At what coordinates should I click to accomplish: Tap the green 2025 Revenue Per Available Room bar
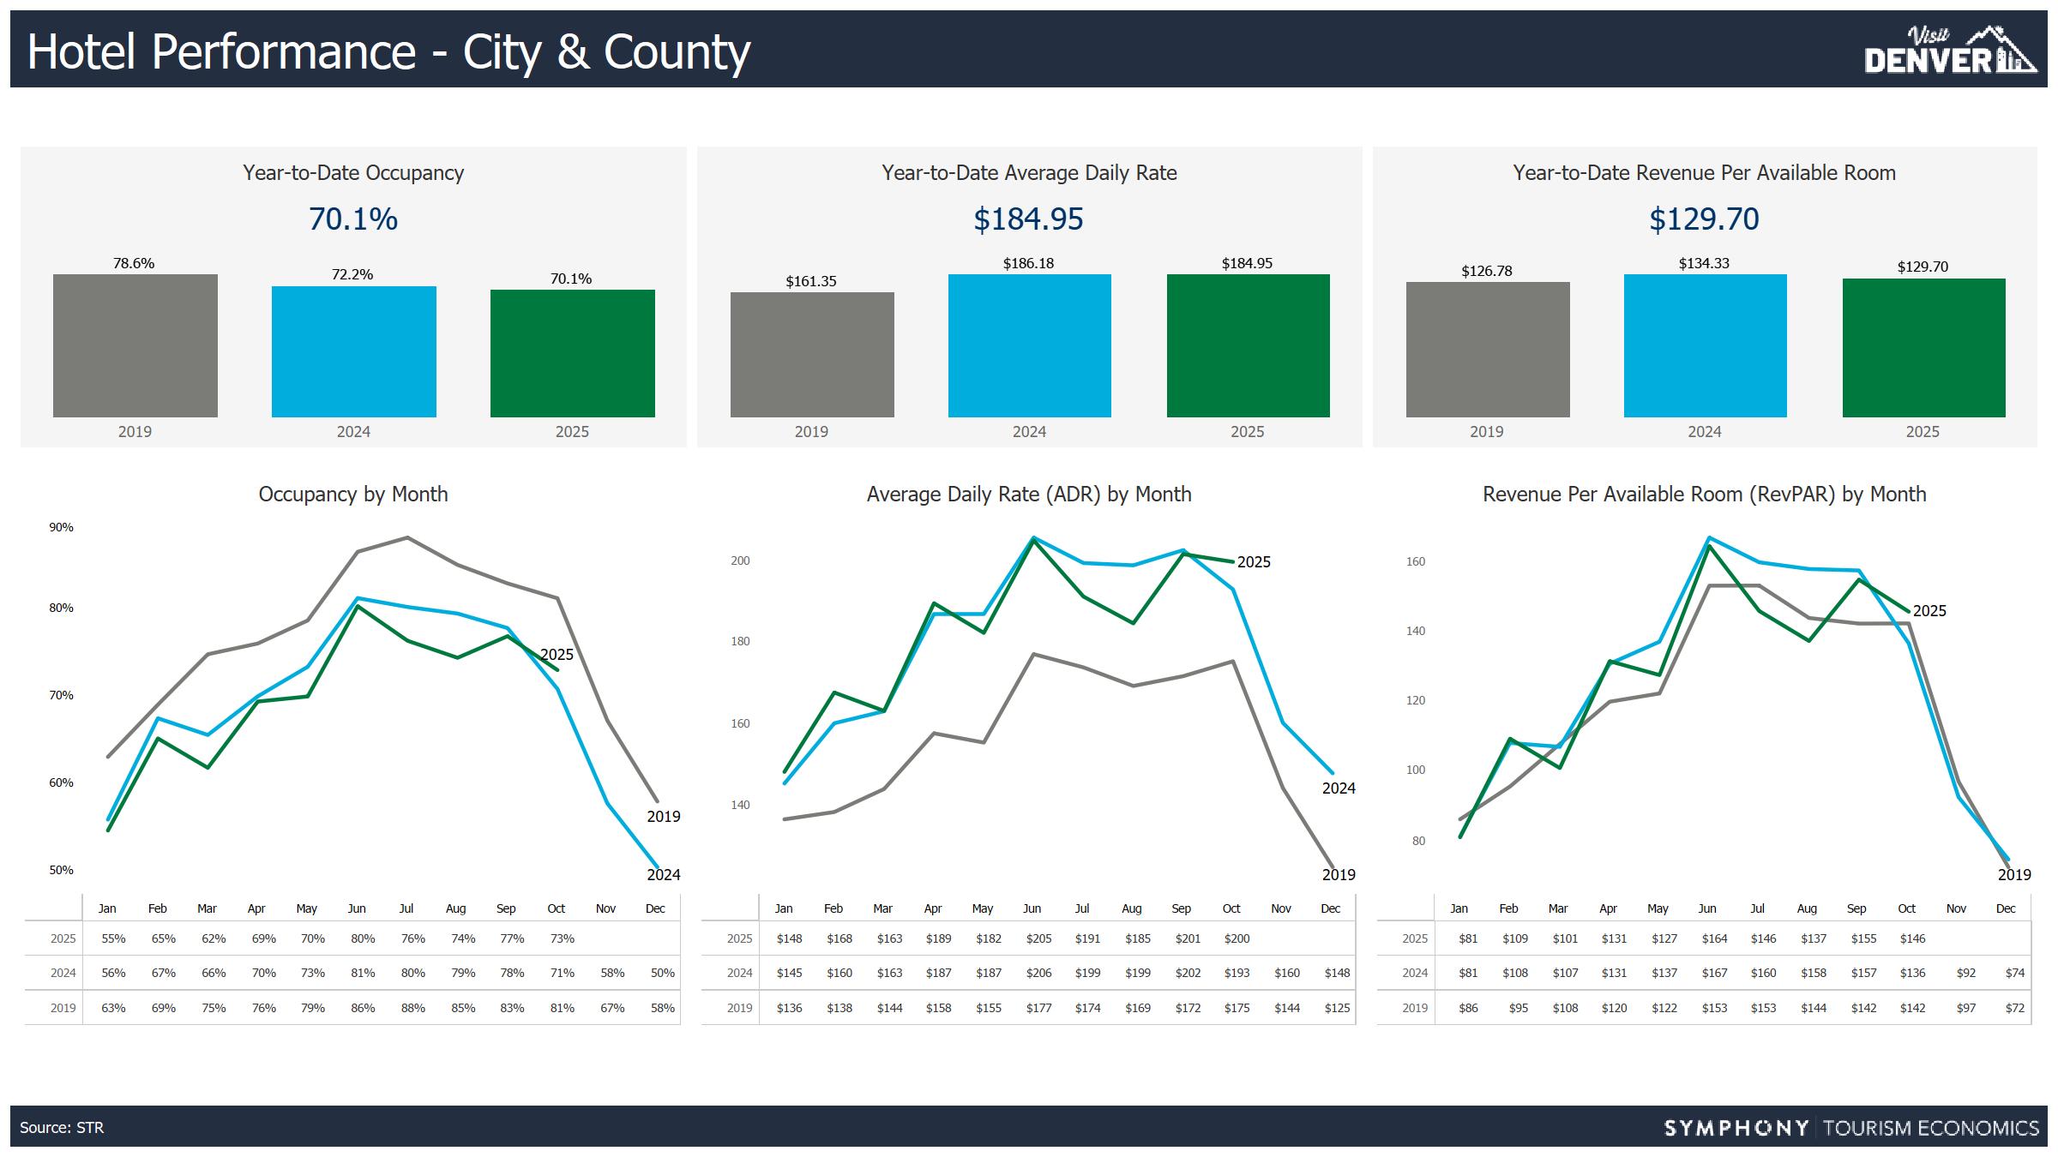click(1923, 348)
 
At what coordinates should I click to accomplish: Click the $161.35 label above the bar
click(811, 281)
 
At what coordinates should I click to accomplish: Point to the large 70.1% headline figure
click(353, 219)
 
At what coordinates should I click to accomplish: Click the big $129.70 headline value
click(1704, 219)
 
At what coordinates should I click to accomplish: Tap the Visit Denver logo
click(1949, 51)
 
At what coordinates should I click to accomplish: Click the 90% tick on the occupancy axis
click(61, 527)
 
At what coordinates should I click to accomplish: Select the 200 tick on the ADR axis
click(740, 561)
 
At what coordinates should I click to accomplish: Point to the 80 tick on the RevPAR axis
click(1418, 841)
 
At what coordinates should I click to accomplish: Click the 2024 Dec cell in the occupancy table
click(662, 973)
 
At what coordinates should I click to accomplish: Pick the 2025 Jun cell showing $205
click(1038, 938)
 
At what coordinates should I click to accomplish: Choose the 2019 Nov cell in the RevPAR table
click(1965, 1008)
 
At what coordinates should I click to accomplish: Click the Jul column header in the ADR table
click(1082, 908)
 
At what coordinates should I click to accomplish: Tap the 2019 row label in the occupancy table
click(63, 1008)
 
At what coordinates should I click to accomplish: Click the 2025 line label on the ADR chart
click(1254, 562)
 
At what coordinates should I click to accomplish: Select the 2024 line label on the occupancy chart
click(663, 875)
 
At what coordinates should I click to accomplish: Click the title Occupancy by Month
click(353, 495)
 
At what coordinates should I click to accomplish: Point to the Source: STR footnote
click(62, 1128)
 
